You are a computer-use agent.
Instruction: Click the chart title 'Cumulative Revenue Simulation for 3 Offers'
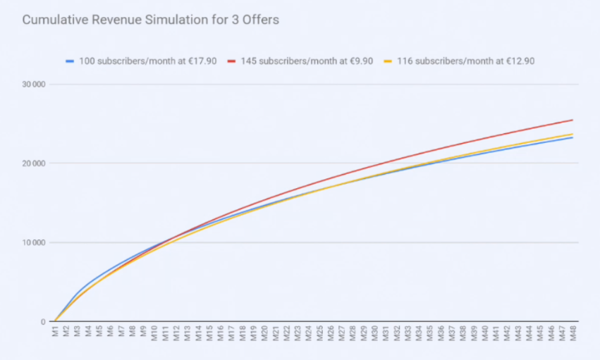(150, 20)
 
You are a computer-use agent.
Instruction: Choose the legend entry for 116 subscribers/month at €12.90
(465, 61)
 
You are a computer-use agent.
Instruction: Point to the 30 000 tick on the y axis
(33, 85)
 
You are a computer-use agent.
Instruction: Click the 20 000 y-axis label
(33, 163)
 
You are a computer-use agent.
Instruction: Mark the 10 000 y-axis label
(33, 243)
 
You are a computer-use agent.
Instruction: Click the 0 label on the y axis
(42, 322)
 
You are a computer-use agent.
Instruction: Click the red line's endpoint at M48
(573, 120)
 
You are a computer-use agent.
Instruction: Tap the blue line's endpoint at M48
(573, 137)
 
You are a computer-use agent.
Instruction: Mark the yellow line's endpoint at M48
(573, 134)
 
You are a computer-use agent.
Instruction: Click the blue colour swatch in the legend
(70, 61)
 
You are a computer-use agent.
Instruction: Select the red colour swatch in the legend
(231, 61)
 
